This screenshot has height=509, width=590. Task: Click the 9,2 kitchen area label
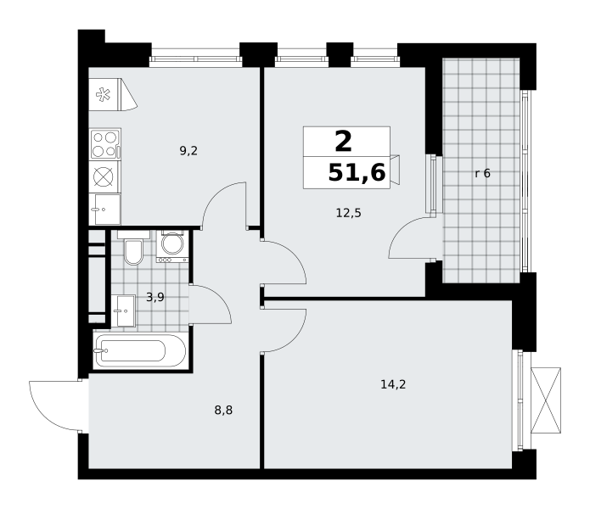188,151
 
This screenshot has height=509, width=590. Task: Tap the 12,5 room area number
348,214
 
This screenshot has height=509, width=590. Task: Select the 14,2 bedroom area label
393,384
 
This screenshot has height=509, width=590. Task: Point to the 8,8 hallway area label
223,410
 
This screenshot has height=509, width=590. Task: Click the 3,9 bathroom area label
155,298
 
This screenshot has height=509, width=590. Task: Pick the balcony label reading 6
486,173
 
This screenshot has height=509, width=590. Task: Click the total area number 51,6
357,173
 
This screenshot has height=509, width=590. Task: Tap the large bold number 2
343,142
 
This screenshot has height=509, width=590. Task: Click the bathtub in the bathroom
141,350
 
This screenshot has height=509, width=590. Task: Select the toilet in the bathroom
133,248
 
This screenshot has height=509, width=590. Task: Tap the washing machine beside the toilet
172,246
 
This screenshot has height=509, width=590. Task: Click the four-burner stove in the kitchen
105,144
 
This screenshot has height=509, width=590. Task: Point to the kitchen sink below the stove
105,209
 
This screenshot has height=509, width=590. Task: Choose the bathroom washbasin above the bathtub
123,310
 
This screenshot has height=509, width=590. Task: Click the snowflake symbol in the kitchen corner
103,94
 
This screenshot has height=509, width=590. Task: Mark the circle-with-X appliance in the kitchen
103,176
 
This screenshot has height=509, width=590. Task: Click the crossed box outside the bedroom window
546,400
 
